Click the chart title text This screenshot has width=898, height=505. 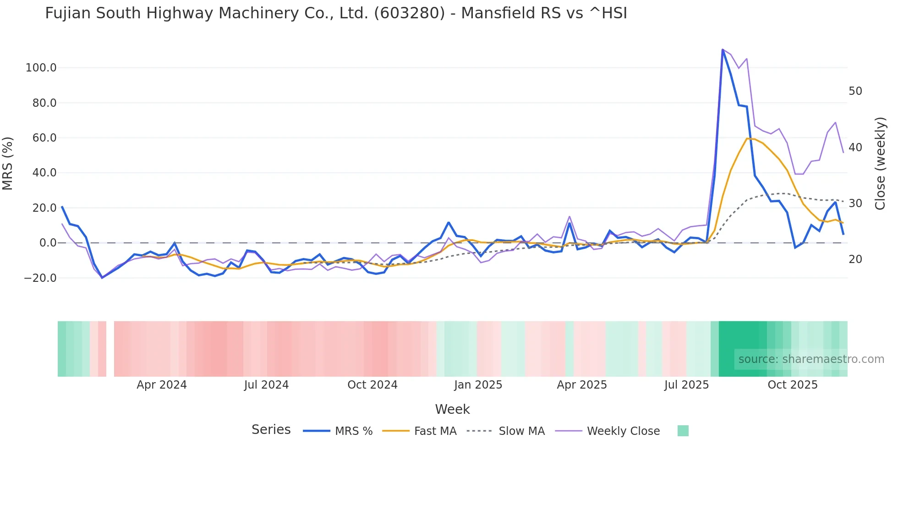[336, 13]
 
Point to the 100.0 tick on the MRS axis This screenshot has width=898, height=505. [41, 68]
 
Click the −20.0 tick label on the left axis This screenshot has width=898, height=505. [40, 278]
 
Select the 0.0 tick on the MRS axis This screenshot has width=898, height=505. [48, 243]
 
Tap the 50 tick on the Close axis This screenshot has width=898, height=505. [855, 91]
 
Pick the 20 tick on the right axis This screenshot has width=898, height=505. [855, 259]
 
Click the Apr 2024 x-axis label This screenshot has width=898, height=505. [162, 385]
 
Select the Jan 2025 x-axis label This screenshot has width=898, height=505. [478, 385]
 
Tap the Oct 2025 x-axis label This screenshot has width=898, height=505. [792, 385]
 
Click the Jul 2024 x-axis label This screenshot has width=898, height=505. [266, 385]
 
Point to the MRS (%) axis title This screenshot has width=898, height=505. [8, 163]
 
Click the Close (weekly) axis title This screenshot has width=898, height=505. [880, 163]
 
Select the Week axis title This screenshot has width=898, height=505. [452, 409]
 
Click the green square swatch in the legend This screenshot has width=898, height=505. [683, 431]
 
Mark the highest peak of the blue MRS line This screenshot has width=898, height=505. [723, 50]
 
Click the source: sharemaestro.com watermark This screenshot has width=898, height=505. [811, 359]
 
